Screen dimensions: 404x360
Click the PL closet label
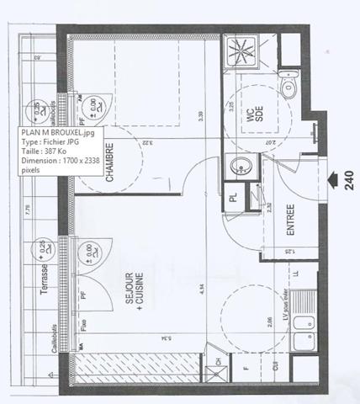tap(234, 200)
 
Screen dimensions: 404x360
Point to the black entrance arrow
tap(326, 178)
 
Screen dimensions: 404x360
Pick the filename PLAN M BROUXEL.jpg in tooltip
tap(60, 132)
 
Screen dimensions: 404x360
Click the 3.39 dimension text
tap(201, 117)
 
